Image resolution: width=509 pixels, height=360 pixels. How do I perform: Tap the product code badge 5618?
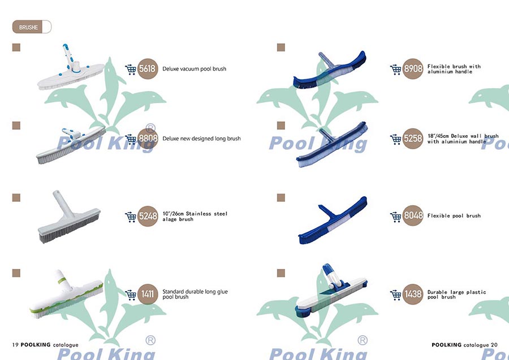pyautogui.click(x=148, y=69)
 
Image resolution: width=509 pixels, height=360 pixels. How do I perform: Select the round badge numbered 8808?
pyautogui.click(x=148, y=138)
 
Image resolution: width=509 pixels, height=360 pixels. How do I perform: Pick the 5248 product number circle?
pyautogui.click(x=148, y=216)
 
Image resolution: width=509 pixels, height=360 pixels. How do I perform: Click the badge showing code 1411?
pyautogui.click(x=148, y=294)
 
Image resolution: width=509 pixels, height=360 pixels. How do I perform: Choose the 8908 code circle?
pyautogui.click(x=413, y=69)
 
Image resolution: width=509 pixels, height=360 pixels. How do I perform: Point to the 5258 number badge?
pyautogui.click(x=413, y=138)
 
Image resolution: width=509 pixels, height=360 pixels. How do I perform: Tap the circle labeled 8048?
pyautogui.click(x=413, y=216)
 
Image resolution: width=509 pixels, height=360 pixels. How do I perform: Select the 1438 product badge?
pyautogui.click(x=413, y=294)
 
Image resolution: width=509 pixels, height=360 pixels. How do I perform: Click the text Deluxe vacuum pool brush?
pyautogui.click(x=194, y=69)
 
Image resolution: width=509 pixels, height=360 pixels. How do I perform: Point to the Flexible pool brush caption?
pyautogui.click(x=454, y=216)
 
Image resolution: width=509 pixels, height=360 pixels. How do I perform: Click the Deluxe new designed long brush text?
pyautogui.click(x=201, y=138)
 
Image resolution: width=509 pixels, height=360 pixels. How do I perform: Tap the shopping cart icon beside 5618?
pyautogui.click(x=131, y=69)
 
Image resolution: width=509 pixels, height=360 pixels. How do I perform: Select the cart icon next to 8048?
pyautogui.click(x=396, y=216)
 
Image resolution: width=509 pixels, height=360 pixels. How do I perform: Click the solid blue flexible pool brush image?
pyautogui.click(x=332, y=220)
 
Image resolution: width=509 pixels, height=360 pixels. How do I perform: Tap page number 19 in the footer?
pyautogui.click(x=15, y=344)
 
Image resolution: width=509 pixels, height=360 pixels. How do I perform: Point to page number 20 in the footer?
pyautogui.click(x=494, y=344)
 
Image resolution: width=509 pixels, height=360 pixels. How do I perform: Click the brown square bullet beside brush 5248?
pyautogui.click(x=16, y=197)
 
